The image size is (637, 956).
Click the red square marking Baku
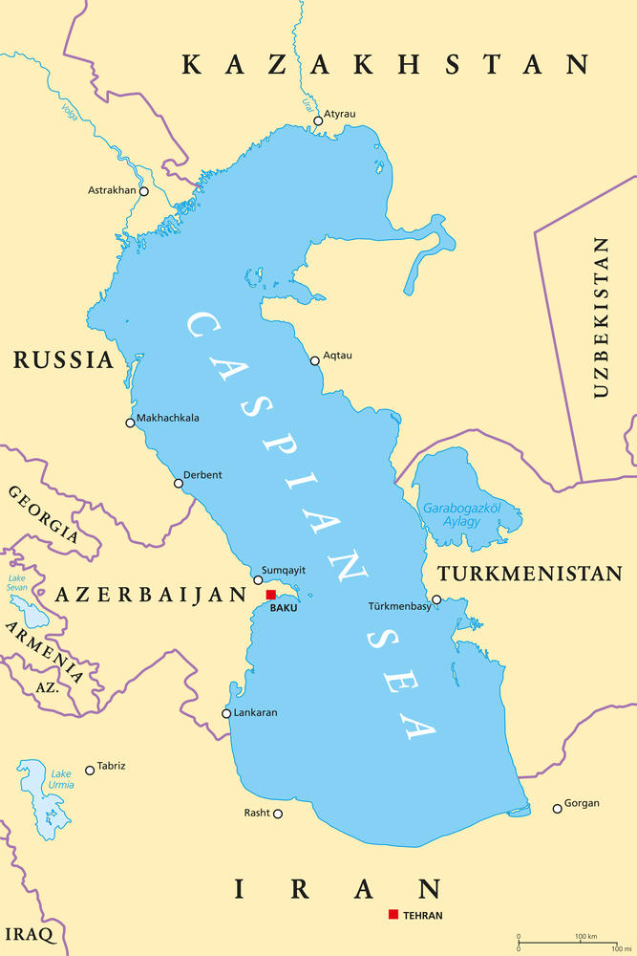click(x=271, y=595)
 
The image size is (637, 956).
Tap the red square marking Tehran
click(x=393, y=915)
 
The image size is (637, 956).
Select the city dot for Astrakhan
click(x=144, y=191)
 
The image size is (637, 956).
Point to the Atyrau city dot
click(x=318, y=120)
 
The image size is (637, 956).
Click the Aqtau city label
click(x=337, y=356)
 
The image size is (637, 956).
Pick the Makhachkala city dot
click(x=130, y=423)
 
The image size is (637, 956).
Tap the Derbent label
click(x=202, y=475)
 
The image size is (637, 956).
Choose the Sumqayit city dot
click(x=258, y=579)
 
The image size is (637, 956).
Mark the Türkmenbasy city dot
click(x=436, y=600)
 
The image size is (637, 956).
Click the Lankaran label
click(x=255, y=712)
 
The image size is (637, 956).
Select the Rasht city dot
click(x=278, y=814)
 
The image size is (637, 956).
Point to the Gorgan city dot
click(x=558, y=809)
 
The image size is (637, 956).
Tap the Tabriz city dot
click(x=90, y=770)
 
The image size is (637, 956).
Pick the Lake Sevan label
click(x=17, y=584)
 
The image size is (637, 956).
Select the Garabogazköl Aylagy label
click(x=462, y=514)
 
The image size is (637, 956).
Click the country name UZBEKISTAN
click(x=600, y=316)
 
